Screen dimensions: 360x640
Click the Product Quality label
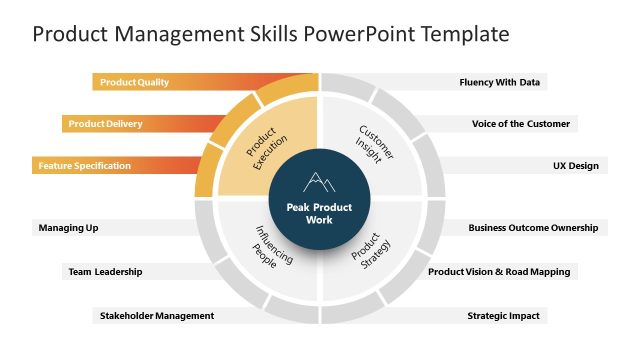coord(133,82)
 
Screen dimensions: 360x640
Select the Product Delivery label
coord(105,124)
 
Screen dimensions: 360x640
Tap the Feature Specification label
coord(85,166)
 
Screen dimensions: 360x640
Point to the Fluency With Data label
coord(502,82)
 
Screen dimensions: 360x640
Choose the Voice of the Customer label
coord(521,124)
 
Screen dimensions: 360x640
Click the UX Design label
coord(576,166)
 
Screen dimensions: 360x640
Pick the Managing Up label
coord(68,228)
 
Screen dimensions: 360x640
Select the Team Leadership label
coord(105,271)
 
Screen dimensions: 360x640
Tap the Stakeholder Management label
coord(157,316)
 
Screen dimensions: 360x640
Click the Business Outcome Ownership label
coord(533,228)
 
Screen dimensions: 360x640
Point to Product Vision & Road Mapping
coord(499,271)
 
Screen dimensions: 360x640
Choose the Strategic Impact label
coord(503,316)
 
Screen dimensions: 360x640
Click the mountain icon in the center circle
coord(319,182)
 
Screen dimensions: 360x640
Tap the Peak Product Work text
coord(319,213)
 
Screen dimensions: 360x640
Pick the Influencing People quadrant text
coord(268,244)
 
